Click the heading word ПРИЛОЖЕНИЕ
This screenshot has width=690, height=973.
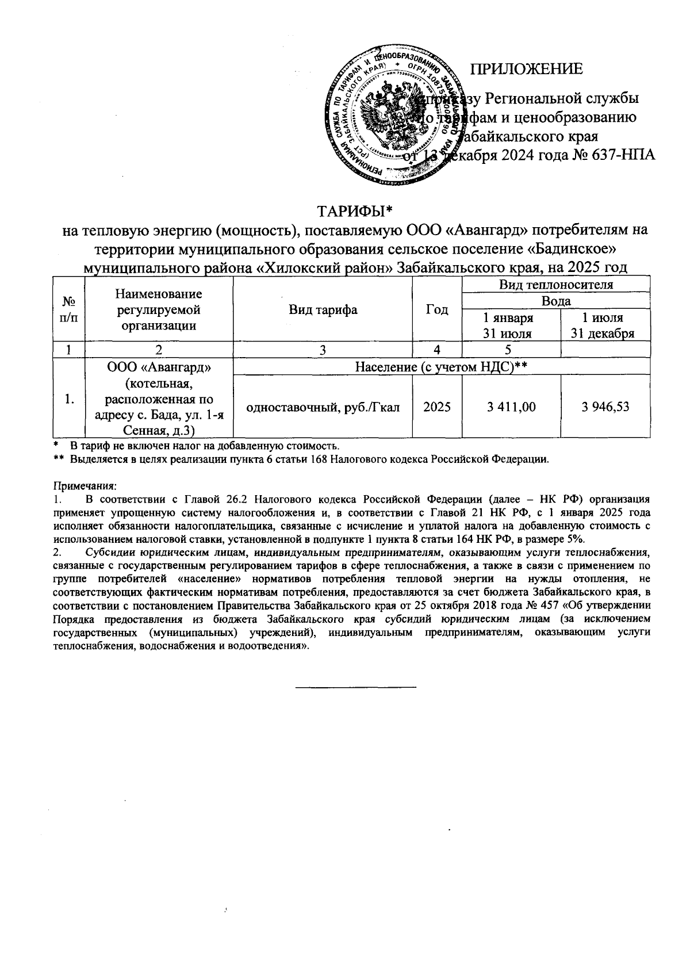tap(527, 70)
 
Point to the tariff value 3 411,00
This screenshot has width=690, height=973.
tap(511, 407)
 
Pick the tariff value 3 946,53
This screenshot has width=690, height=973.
tap(605, 407)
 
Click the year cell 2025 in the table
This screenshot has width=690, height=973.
tap(437, 407)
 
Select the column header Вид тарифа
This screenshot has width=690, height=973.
tap(323, 310)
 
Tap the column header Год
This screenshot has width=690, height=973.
tap(437, 310)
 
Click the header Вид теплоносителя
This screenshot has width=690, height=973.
tap(555, 284)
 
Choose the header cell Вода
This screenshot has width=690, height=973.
tap(555, 301)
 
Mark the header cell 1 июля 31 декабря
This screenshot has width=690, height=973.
tap(605, 325)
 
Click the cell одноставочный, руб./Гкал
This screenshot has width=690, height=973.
tap(323, 407)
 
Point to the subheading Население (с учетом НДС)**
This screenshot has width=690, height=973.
tap(441, 366)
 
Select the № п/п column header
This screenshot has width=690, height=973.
tap(68, 309)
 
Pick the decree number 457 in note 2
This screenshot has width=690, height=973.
tap(546, 606)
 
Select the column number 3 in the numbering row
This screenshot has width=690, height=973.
tap(323, 349)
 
